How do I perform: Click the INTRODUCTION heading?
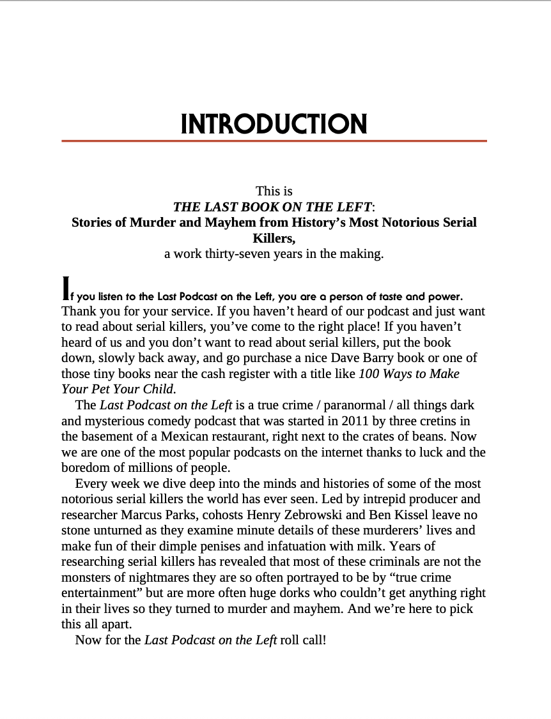pos(274,123)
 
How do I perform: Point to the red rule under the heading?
pos(274,140)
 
